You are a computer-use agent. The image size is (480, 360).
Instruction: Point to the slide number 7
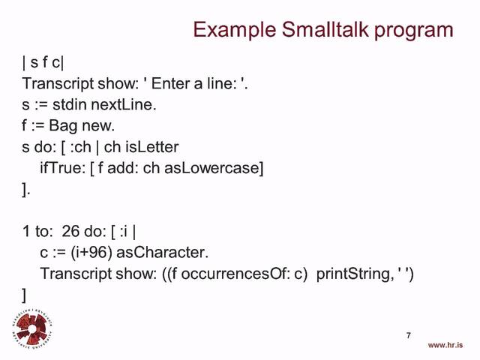coord(409,335)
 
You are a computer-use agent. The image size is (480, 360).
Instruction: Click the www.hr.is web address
coord(445,345)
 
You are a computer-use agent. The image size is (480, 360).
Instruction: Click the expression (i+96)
coord(94,253)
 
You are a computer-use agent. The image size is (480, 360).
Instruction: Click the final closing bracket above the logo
coord(25,295)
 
